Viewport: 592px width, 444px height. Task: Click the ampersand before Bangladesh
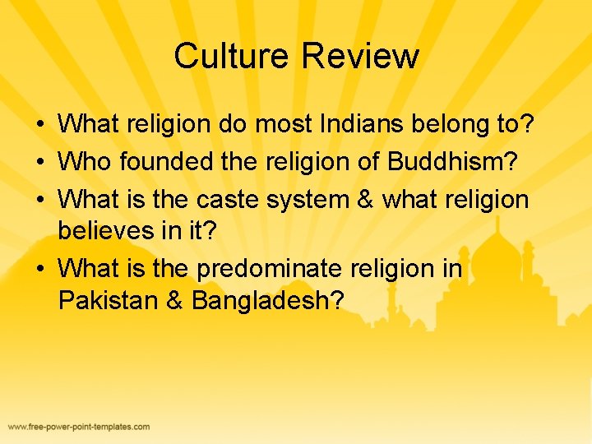coord(174,301)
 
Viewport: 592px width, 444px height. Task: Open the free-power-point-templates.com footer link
coord(79,427)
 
